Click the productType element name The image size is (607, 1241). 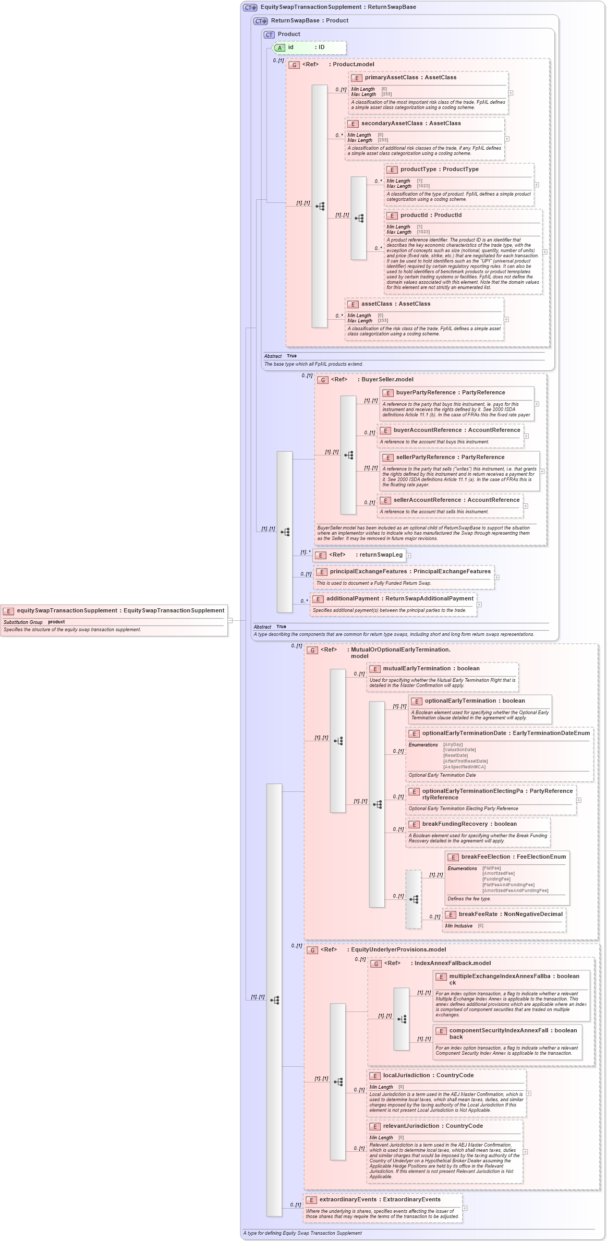coord(418,170)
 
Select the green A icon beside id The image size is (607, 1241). coord(280,48)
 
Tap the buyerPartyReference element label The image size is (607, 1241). coord(426,393)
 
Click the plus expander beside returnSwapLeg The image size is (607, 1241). coord(409,556)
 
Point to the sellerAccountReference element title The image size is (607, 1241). coord(427,500)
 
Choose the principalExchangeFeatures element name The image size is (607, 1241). coord(368,572)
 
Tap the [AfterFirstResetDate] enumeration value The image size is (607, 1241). coord(465,761)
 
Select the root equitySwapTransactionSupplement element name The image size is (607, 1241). coord(67,611)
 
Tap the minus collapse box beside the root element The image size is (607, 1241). coord(230,621)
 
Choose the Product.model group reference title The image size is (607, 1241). coord(353,65)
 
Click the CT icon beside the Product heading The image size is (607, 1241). coord(269,34)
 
